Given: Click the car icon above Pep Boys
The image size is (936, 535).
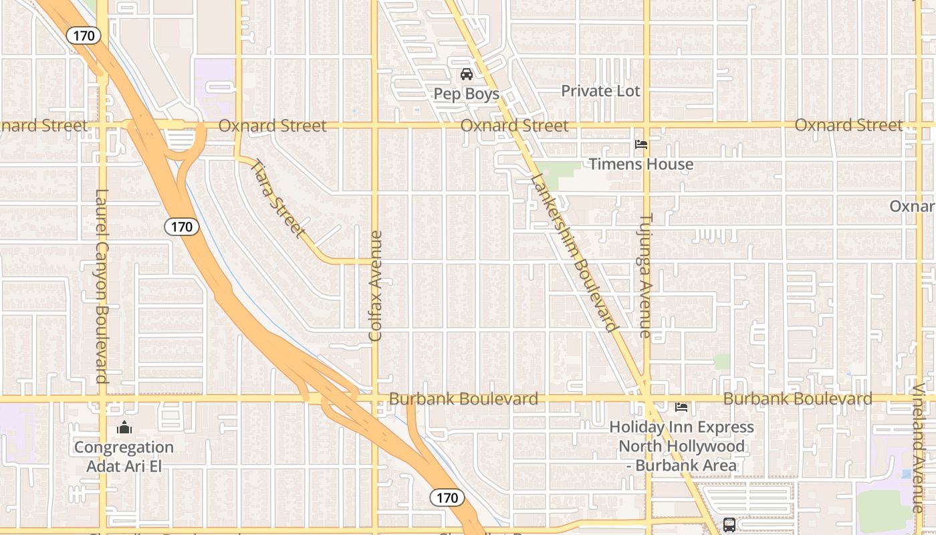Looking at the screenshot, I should [467, 74].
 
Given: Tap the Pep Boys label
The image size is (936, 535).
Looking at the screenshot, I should [467, 94].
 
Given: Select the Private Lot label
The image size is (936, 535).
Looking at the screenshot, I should [600, 91].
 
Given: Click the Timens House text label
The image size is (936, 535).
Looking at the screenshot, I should [640, 164].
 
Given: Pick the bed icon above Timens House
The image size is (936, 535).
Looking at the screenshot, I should [640, 144].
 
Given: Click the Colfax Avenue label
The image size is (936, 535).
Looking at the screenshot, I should [376, 286].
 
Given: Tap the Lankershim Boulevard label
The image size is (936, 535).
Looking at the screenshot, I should [574, 253].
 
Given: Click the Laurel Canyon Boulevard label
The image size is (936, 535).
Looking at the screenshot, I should [102, 286].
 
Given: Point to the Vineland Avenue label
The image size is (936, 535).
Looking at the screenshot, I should [919, 448].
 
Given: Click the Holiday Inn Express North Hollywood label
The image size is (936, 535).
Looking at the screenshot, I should [681, 446].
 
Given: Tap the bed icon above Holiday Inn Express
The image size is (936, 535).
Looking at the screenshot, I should [681, 407].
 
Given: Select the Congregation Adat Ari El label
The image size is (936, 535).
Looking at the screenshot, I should [124, 456].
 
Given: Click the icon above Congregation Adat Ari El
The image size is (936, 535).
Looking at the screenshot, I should [124, 428].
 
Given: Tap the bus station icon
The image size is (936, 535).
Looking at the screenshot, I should [729, 524].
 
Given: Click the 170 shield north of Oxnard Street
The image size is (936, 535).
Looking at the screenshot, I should [84, 35].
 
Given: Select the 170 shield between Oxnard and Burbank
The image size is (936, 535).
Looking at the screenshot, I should [182, 227].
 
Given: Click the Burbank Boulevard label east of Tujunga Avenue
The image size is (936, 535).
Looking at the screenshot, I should [798, 399].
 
